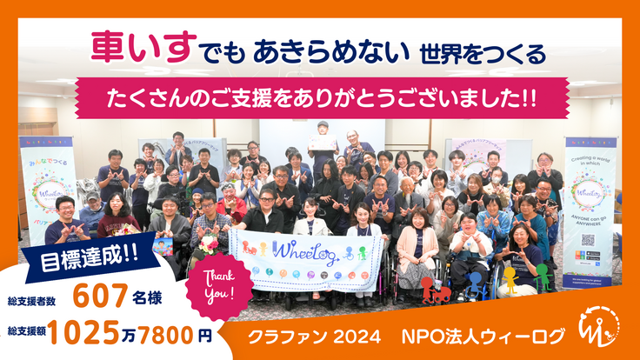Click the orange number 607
tap(103, 296)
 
